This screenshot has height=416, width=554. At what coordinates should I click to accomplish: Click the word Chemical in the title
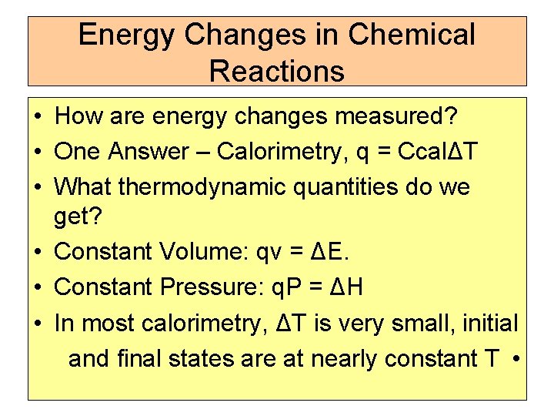point(412,35)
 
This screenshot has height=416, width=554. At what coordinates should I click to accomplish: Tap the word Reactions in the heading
point(276,71)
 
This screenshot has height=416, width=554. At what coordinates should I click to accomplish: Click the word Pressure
point(212,287)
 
